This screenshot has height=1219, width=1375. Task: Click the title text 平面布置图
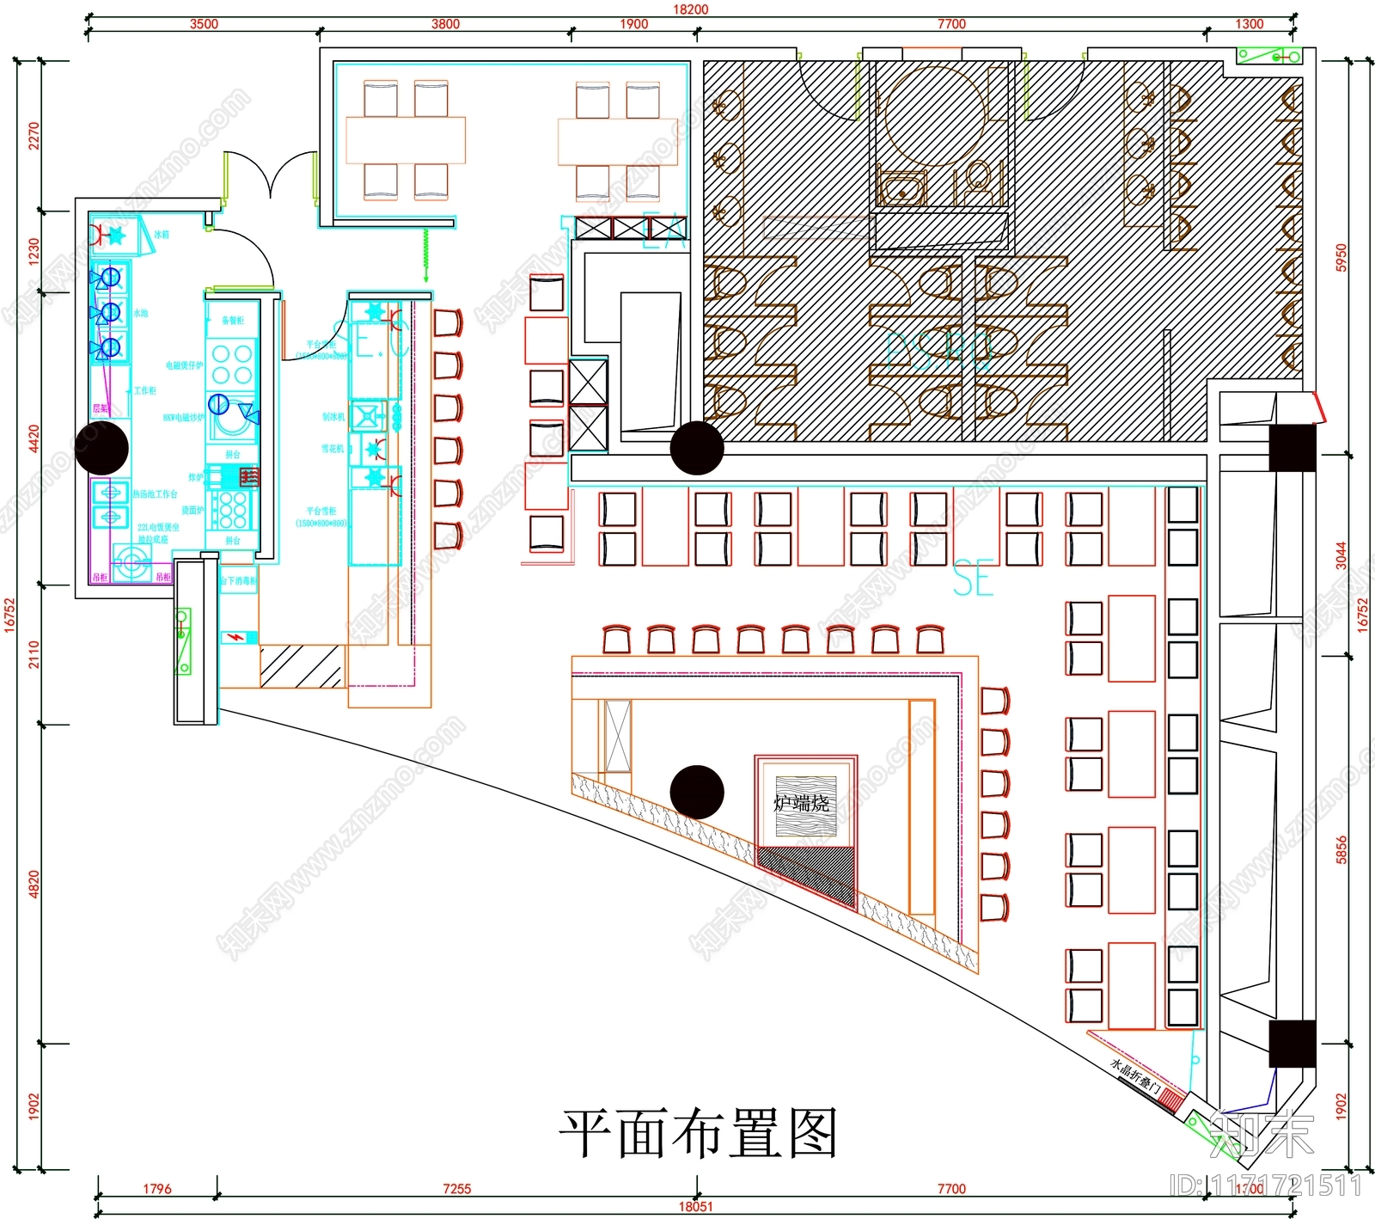(x=698, y=1133)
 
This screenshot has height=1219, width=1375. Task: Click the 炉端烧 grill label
(x=801, y=803)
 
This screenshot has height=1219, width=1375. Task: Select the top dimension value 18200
(x=690, y=9)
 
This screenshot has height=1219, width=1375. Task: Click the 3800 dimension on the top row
(x=445, y=24)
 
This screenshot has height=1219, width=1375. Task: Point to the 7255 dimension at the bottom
(x=456, y=1189)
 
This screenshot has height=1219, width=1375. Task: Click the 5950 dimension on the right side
(x=1341, y=257)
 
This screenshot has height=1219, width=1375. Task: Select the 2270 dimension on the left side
(x=34, y=135)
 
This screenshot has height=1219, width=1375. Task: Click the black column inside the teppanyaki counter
(x=697, y=792)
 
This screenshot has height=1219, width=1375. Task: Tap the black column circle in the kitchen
(x=101, y=448)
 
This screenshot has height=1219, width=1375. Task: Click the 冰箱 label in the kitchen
(x=162, y=234)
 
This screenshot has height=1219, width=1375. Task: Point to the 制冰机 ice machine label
(x=333, y=417)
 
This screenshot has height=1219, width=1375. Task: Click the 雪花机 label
(x=333, y=449)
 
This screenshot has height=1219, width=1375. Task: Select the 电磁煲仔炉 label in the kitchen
(x=184, y=365)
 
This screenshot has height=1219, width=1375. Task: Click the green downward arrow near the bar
(x=425, y=258)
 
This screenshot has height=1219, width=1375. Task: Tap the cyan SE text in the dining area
(x=973, y=579)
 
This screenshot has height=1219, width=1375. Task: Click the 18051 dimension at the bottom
(x=695, y=1206)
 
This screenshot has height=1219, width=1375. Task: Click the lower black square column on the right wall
(x=1292, y=1044)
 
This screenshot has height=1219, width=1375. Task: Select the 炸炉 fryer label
(x=196, y=477)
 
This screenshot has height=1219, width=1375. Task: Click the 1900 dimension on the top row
(x=634, y=24)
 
